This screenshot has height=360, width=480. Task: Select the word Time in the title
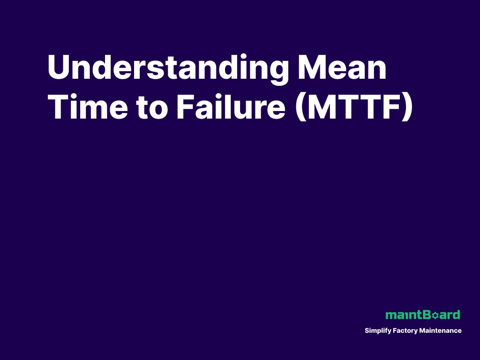(x=87, y=107)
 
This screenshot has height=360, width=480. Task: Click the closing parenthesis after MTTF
(x=407, y=108)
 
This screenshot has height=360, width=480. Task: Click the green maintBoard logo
(x=422, y=315)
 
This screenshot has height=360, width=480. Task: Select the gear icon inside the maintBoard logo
(x=434, y=315)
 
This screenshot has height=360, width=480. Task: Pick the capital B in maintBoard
(x=426, y=315)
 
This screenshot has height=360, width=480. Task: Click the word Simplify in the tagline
(x=376, y=331)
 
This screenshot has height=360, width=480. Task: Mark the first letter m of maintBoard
(x=390, y=315)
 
